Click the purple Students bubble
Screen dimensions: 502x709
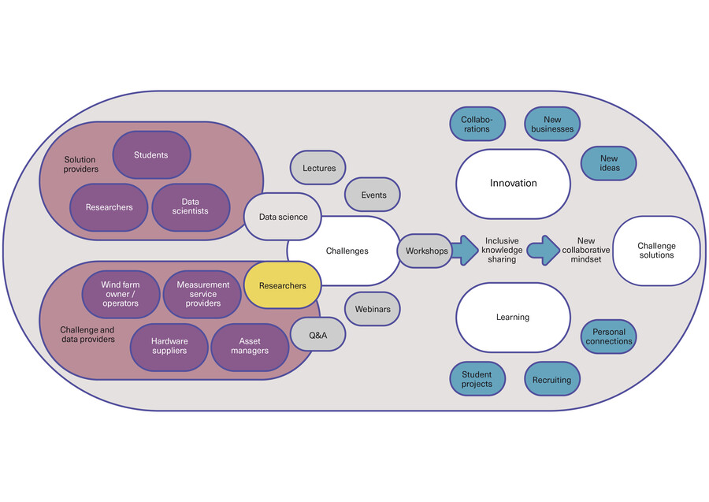click(151, 154)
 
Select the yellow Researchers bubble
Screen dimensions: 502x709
click(282, 285)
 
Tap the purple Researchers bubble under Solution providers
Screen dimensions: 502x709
click(109, 207)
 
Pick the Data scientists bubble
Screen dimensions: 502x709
click(191, 207)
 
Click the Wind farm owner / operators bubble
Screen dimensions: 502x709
click(121, 294)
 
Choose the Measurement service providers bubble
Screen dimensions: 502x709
click(202, 294)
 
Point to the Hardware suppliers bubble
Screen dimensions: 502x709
click(169, 346)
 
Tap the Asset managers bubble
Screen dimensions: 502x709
click(250, 346)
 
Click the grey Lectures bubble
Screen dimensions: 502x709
click(318, 168)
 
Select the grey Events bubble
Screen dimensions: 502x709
click(373, 195)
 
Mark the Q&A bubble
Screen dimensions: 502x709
click(317, 335)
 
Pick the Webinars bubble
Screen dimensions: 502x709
click(373, 309)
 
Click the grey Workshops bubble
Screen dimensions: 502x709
click(425, 251)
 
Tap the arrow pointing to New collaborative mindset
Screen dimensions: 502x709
click(543, 250)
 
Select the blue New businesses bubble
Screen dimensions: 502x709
click(552, 125)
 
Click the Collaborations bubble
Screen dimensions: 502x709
click(476, 125)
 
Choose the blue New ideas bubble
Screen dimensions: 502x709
click(608, 163)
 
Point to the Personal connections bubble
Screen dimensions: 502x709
click(608, 337)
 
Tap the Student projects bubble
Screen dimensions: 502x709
click(476, 379)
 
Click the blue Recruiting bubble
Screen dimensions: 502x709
click(551, 379)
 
